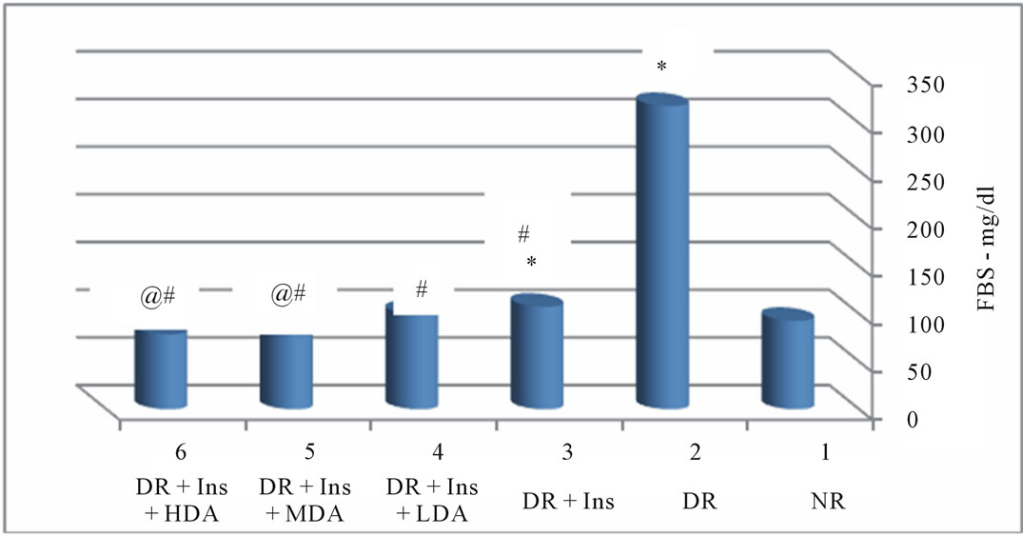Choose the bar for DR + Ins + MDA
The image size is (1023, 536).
click(286, 371)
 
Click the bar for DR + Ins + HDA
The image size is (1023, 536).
click(160, 368)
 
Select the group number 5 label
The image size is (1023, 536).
click(305, 456)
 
